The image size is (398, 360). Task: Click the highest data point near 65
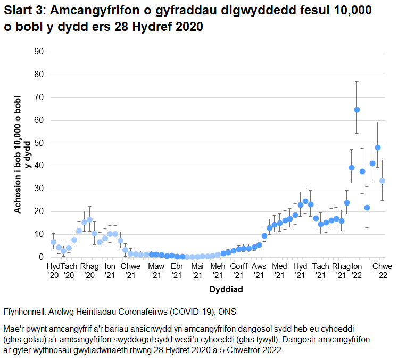357,110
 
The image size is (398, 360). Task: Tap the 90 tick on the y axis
38,52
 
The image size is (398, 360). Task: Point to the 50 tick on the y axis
38,143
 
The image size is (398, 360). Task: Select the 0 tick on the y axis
40,257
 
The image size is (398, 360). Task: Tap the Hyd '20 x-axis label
54,270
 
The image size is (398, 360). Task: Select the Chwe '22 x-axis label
382,270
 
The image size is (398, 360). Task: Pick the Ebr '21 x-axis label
177,270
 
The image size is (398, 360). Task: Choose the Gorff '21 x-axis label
238,270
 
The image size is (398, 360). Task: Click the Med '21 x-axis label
279,270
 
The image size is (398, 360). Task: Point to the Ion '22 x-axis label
356,270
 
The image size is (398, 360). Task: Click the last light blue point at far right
382,181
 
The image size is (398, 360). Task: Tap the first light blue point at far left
53,242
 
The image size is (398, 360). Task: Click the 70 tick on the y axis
38,97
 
